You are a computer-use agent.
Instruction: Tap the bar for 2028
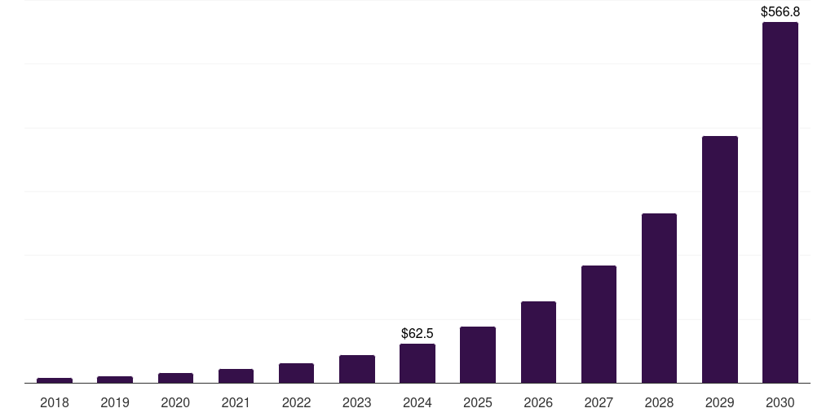click(x=659, y=298)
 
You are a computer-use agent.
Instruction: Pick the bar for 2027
click(x=599, y=324)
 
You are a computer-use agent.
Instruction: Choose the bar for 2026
click(x=538, y=342)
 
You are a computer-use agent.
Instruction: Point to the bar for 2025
click(x=478, y=354)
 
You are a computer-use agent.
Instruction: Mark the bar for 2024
click(x=417, y=363)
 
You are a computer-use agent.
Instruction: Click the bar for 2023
click(x=357, y=369)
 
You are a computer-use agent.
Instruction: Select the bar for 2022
click(x=296, y=373)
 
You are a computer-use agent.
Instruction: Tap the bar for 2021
click(x=236, y=375)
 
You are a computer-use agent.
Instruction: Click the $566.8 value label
click(x=780, y=12)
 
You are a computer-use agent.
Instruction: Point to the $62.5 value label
click(x=417, y=333)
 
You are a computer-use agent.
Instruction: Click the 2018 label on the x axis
click(x=55, y=402)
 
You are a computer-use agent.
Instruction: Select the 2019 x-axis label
click(x=115, y=402)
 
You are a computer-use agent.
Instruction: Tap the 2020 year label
click(x=175, y=402)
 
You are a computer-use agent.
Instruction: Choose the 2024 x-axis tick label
click(x=417, y=402)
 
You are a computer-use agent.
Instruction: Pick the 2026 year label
click(x=538, y=402)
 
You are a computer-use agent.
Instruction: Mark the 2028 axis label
click(x=659, y=402)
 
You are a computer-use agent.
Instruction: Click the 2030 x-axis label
click(x=780, y=402)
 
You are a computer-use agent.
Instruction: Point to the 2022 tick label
click(x=296, y=402)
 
